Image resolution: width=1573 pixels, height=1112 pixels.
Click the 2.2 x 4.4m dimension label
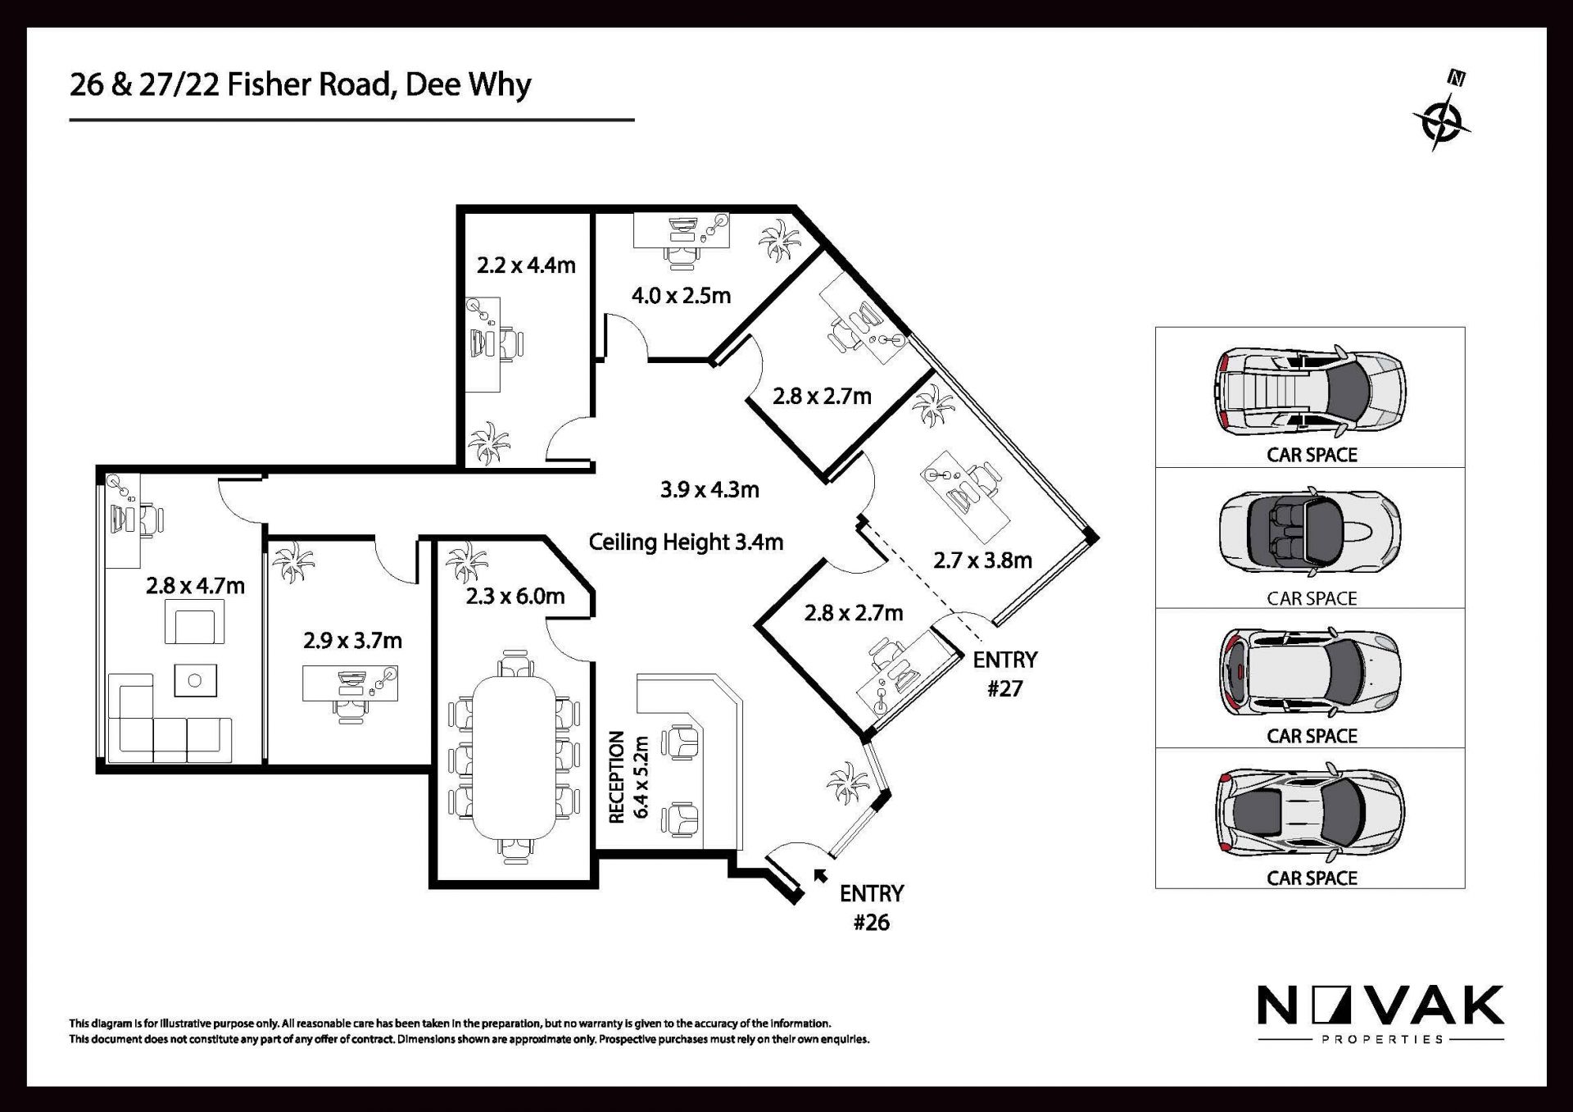[x=526, y=266]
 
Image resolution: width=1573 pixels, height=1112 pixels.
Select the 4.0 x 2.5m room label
[x=681, y=296]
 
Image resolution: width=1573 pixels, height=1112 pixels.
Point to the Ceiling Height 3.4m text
[x=686, y=542]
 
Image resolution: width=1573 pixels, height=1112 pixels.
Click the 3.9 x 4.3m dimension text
[x=709, y=490]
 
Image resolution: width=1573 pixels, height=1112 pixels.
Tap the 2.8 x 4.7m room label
[x=195, y=586]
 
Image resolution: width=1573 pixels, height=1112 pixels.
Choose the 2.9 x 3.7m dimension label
[x=352, y=641]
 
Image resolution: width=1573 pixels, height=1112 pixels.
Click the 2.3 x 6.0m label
[x=515, y=597]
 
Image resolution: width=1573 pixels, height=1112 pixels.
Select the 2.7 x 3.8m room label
[x=982, y=561]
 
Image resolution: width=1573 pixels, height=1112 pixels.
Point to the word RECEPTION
[x=617, y=777]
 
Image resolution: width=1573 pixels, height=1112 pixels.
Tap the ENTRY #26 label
[x=871, y=908]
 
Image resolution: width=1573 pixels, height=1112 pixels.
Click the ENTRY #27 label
[x=1004, y=674]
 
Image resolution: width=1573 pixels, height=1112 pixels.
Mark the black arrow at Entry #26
[x=819, y=875]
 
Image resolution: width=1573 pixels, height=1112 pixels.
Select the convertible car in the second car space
[x=1309, y=532]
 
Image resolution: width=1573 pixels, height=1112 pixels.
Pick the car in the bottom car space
[x=1310, y=811]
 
